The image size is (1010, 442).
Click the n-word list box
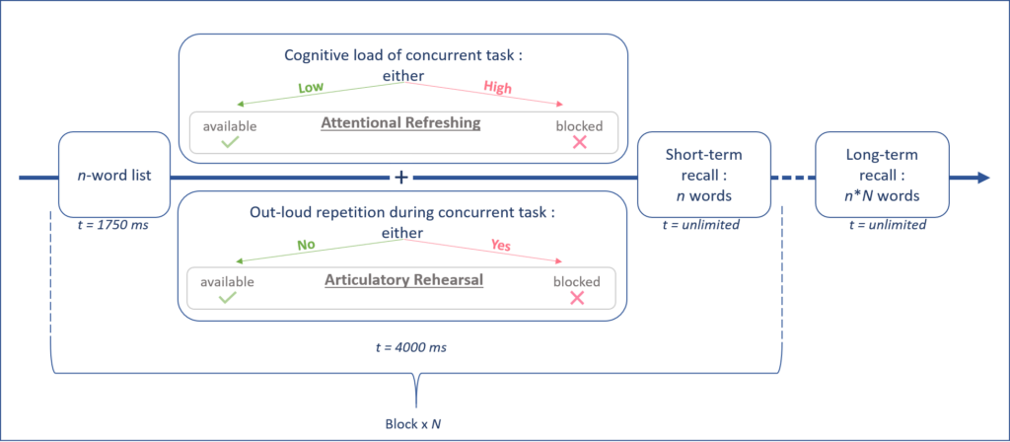(113, 175)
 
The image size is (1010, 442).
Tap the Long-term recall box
(882, 175)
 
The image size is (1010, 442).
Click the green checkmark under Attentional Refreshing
(231, 143)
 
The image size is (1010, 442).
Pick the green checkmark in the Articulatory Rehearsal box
(227, 298)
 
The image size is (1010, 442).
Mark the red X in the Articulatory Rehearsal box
(577, 298)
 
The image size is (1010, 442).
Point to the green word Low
(311, 88)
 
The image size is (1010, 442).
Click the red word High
(497, 88)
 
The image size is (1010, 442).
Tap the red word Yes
(500, 245)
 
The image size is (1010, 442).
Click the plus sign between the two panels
(401, 178)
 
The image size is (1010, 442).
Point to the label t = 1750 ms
(112, 225)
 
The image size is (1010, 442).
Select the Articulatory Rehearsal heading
(403, 280)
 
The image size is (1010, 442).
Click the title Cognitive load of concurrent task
(402, 56)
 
